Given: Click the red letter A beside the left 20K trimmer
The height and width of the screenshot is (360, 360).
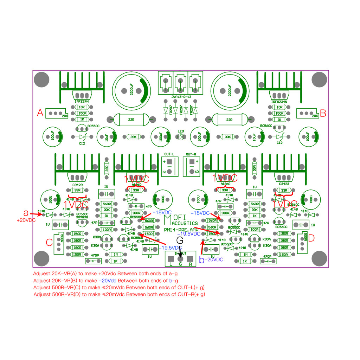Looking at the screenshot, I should click(40, 113).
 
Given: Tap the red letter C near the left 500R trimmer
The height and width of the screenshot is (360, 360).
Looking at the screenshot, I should click(50, 242).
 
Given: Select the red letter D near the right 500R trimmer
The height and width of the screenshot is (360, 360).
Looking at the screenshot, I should click(311, 238).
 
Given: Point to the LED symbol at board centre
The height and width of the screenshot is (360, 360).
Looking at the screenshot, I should click(181, 136).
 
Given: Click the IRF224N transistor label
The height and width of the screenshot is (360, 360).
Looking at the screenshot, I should click(82, 102).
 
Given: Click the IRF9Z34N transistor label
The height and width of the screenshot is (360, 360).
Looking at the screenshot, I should click(279, 102).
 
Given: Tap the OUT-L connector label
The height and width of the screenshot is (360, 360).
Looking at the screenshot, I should click(169, 154).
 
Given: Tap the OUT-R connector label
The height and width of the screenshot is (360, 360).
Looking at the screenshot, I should click(191, 154).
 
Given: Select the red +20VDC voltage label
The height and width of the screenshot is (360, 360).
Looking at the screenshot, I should click(26, 220).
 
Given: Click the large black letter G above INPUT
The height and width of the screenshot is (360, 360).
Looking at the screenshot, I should click(180, 241).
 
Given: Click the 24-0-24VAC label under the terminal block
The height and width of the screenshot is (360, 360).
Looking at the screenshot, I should click(181, 97).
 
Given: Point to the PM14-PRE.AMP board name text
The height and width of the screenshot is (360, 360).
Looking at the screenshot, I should click(181, 230).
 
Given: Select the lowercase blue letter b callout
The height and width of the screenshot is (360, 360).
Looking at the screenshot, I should click(202, 260).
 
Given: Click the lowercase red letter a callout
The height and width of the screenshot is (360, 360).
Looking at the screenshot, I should click(26, 213).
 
